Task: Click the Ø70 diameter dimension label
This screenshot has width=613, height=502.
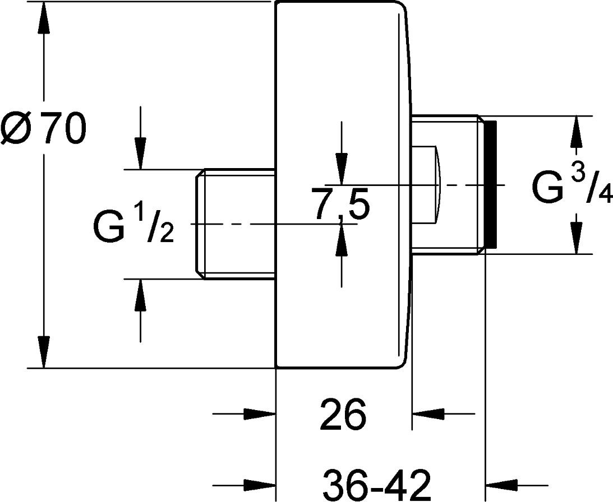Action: coord(43,127)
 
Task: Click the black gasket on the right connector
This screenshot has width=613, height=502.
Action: coord(490,184)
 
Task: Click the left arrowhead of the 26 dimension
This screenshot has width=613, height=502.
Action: coord(260,413)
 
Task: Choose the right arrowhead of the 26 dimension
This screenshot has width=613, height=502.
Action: coord(428,413)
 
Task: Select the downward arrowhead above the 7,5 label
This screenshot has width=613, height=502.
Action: coord(342,168)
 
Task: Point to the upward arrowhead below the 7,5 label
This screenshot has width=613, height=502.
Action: coord(342,240)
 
